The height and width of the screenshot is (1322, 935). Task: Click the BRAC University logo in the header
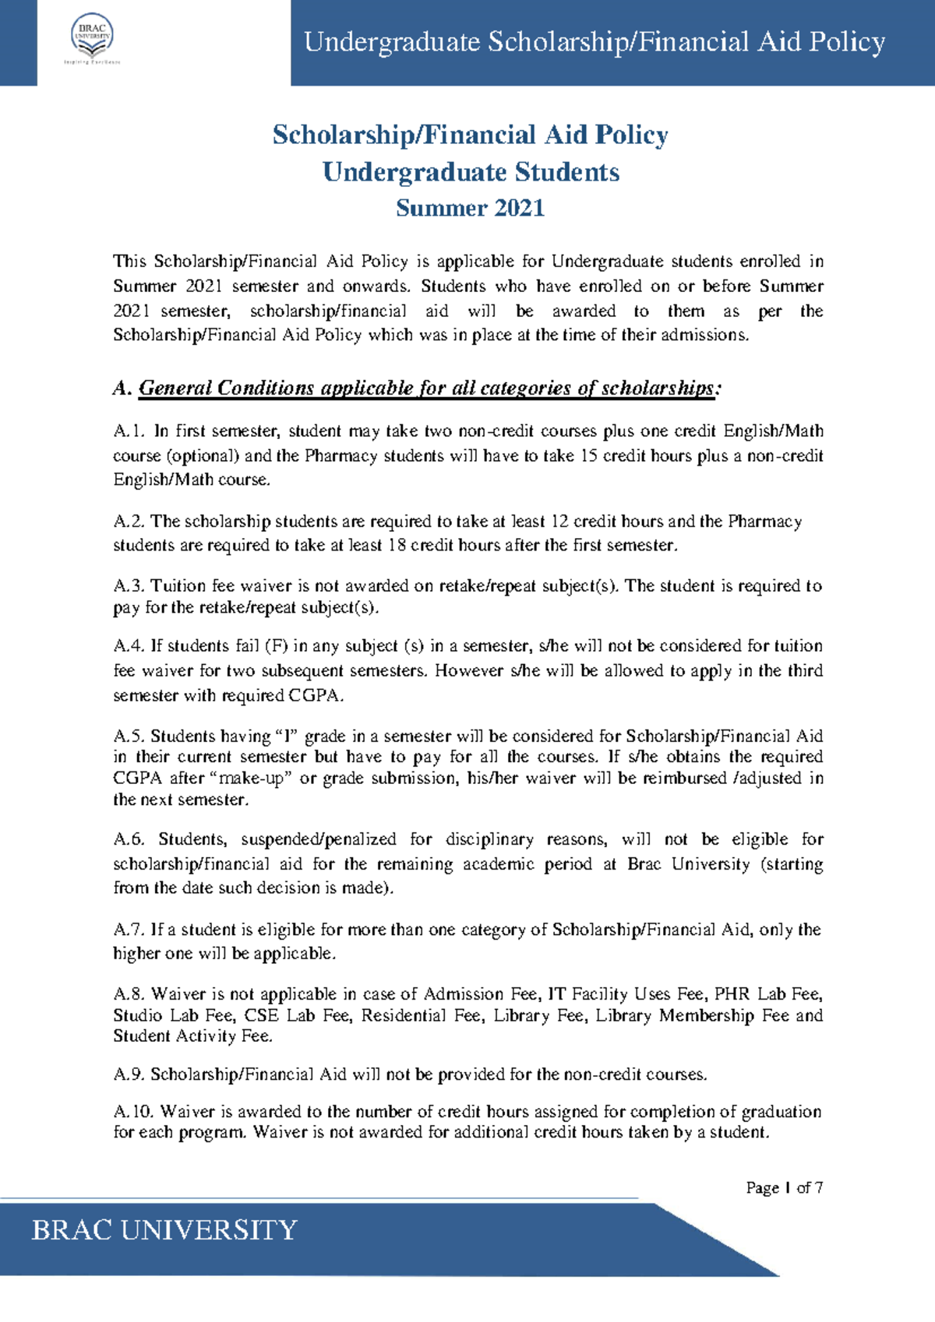coord(92,39)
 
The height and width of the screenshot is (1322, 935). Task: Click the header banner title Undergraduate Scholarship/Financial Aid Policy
coord(594,42)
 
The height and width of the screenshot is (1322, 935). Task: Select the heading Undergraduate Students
coord(471,172)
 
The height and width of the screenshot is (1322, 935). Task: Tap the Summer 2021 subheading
coord(470,209)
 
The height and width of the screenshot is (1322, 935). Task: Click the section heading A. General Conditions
coord(417,388)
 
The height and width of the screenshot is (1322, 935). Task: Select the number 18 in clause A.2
coord(397,546)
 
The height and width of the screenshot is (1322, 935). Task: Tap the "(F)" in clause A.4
coord(276,646)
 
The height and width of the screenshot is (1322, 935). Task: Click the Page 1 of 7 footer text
coord(784,1187)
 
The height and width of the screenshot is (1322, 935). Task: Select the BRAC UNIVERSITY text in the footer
coord(164,1230)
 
